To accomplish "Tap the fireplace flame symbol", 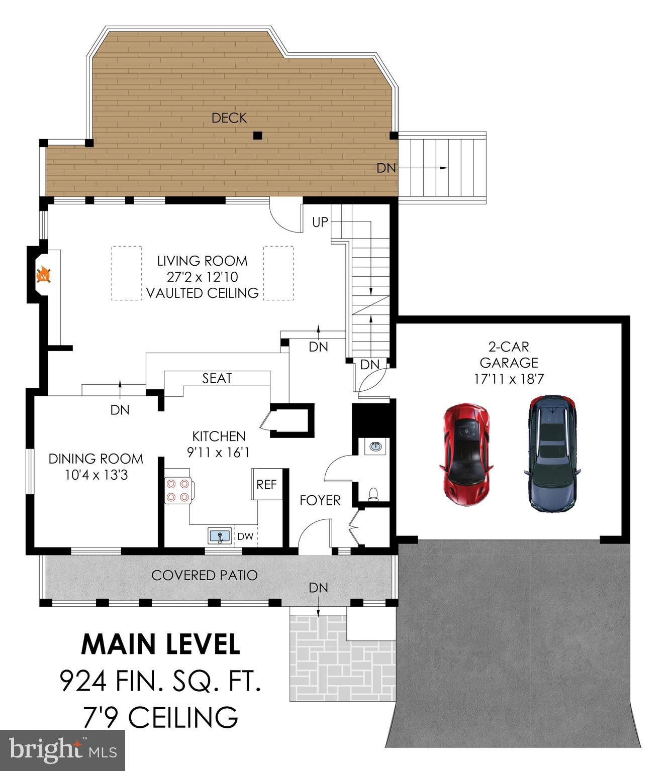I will (44, 276).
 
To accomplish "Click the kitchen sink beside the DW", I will (220, 536).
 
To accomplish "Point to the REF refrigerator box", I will (266, 485).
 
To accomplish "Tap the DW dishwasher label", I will (245, 536).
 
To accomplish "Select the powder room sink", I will (374, 446).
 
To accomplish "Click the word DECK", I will (229, 118).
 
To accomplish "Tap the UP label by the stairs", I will (320, 222).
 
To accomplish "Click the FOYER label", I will (320, 500).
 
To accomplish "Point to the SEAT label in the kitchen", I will (217, 378).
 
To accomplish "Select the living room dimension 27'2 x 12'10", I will (202, 277).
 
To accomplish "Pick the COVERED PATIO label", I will (205, 575).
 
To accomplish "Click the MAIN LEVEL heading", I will (161, 644).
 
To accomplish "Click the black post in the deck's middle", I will (257, 135).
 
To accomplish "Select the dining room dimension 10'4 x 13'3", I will (96, 474).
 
